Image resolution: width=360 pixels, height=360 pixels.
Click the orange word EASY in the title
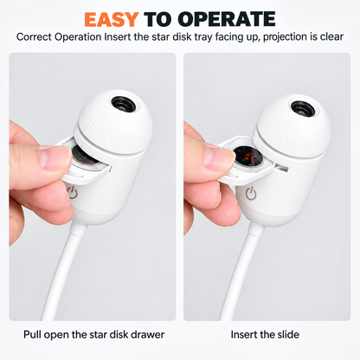pyautogui.click(x=112, y=19)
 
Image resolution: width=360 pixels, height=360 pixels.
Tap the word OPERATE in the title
pyautogui.click(x=227, y=19)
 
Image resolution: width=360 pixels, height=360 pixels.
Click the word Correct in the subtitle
pyautogui.click(x=34, y=37)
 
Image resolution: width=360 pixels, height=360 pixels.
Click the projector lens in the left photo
pyautogui.click(x=123, y=104)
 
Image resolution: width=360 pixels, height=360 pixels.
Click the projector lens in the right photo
pyautogui.click(x=303, y=109)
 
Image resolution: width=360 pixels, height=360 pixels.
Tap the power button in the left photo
pyautogui.click(x=73, y=193)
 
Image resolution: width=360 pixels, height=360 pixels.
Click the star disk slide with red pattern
pyautogui.click(x=247, y=157)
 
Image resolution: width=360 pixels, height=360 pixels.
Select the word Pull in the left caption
pyautogui.click(x=32, y=335)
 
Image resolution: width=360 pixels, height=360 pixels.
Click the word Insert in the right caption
pyautogui.click(x=244, y=335)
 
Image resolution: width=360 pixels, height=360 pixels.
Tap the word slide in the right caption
pyautogui.click(x=286, y=335)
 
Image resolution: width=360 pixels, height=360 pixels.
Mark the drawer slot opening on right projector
pyautogui.click(x=282, y=167)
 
